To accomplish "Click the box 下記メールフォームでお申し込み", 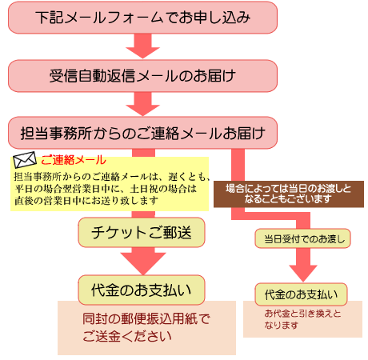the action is [x=142, y=18].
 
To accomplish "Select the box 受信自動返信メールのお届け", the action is [x=142, y=76].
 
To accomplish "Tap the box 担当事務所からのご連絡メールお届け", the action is [x=142, y=133].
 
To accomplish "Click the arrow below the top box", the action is [x=142, y=46].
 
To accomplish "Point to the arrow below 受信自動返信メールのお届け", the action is [x=142, y=104].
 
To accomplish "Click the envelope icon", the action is [x=25, y=160].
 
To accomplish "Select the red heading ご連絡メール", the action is [x=74, y=160].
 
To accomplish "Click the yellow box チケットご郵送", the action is [x=142, y=232].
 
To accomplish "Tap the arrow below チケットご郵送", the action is [x=143, y=261].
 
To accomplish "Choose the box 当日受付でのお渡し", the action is [x=302, y=238].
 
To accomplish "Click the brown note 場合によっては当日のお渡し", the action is [x=289, y=194].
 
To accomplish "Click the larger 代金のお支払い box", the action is [x=142, y=290].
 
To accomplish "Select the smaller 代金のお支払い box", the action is [x=301, y=294].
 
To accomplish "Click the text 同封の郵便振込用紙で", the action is [x=146, y=319].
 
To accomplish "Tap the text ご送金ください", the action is [x=127, y=336].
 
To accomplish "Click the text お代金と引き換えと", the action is [x=302, y=314].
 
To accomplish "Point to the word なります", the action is [x=281, y=326].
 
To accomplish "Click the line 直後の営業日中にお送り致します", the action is [x=86, y=201].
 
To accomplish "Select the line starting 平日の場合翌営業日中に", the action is [x=106, y=189].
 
